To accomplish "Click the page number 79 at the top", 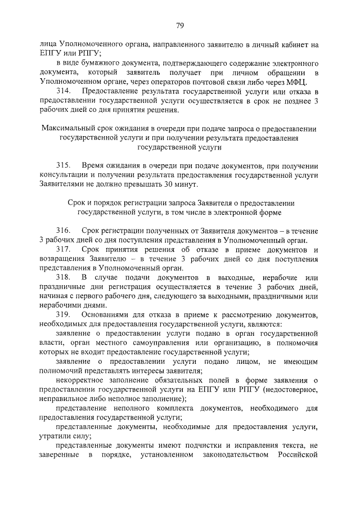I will pos(180,25).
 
